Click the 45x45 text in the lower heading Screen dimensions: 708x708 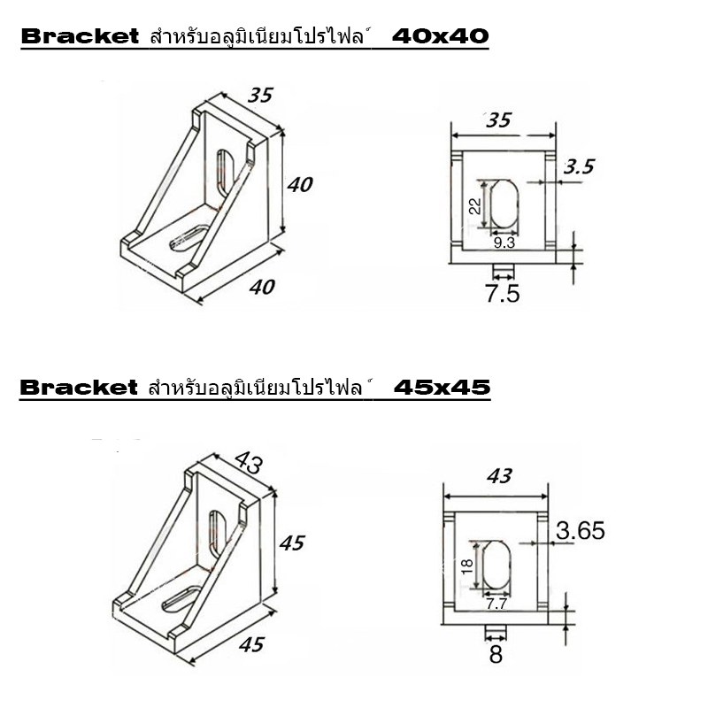442,387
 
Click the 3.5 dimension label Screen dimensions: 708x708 580,165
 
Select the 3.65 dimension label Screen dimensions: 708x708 580,531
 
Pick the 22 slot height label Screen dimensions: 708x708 474,206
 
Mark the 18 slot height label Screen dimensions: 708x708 468,566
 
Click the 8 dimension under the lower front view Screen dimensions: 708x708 496,656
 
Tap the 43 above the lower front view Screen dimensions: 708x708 499,476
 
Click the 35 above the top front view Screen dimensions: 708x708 499,120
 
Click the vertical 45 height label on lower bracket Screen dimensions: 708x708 291,543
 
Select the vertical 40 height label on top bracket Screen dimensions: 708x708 300,185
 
